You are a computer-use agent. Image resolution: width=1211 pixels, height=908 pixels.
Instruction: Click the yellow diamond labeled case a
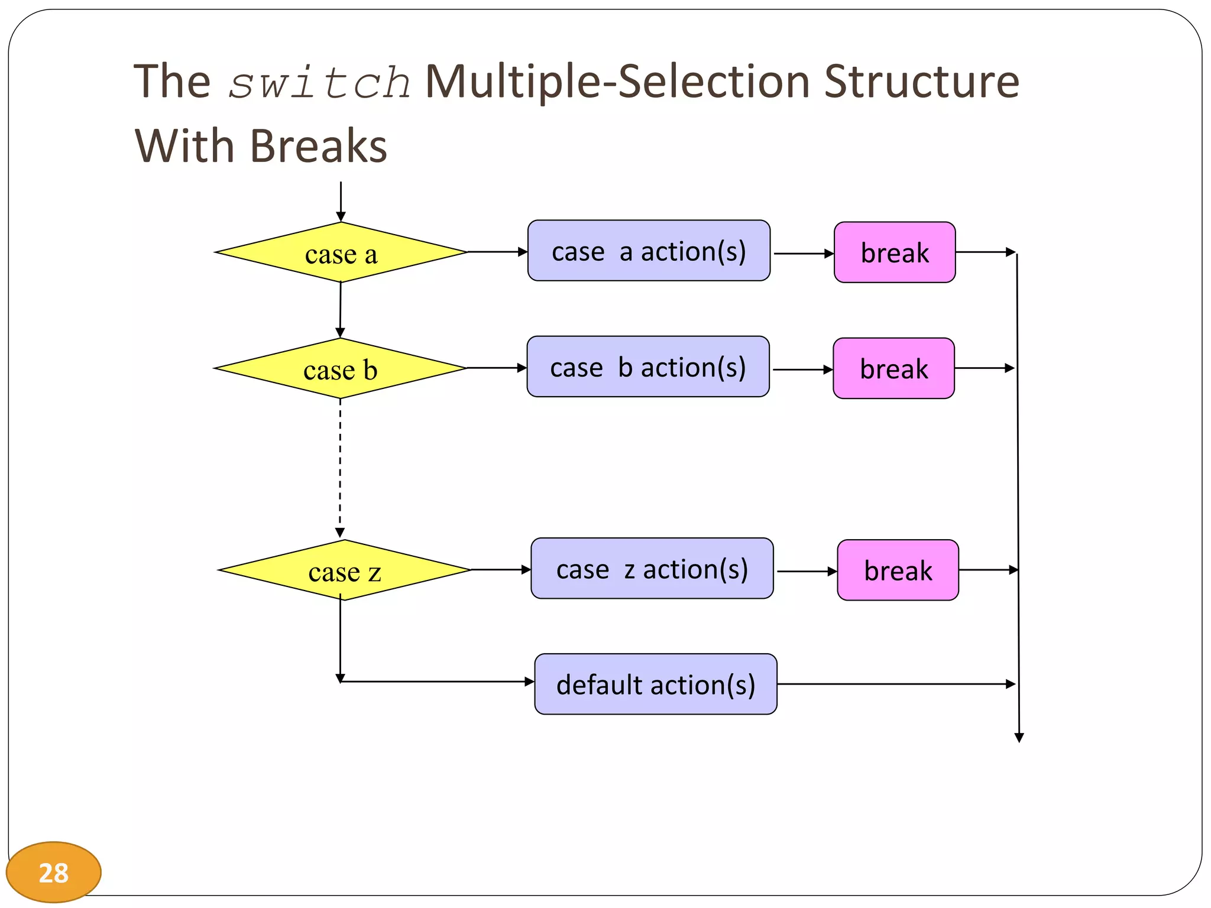point(341,253)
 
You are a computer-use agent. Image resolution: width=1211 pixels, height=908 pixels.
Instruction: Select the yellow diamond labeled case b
point(340,369)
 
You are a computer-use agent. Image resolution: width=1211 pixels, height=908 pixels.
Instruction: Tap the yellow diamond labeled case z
point(344,570)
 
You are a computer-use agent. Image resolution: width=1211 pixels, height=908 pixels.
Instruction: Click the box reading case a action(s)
point(649,251)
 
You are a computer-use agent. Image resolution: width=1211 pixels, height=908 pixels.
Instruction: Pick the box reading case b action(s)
point(648,367)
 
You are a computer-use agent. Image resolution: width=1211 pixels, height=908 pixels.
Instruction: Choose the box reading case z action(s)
point(652,569)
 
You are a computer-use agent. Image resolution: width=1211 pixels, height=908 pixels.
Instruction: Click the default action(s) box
point(656,685)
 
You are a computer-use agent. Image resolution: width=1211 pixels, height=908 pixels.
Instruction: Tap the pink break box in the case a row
point(895,253)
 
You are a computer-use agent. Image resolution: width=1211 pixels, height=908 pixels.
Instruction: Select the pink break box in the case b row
point(893,369)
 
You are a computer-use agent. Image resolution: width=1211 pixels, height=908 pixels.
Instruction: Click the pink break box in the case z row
point(898,570)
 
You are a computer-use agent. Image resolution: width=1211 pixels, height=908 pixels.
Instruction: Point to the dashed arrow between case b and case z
point(340,467)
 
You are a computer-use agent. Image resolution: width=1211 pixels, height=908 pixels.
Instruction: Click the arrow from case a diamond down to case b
point(341,309)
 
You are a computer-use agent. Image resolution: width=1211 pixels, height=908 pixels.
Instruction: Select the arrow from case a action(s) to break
point(802,254)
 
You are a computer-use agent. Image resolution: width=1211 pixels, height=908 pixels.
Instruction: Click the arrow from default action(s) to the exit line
point(896,684)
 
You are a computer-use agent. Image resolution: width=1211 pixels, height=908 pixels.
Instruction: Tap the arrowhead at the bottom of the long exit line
point(1019,737)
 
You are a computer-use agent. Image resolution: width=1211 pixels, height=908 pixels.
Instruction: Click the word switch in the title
point(319,83)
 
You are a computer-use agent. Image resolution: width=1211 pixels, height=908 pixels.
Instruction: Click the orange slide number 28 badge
point(53,873)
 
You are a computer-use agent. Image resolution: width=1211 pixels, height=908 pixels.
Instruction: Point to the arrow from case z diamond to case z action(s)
point(500,570)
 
